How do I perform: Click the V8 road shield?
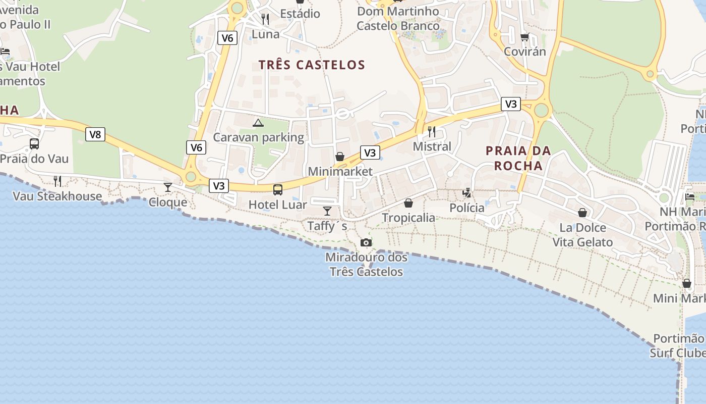click(95, 134)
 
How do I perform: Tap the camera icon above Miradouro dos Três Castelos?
click(366, 243)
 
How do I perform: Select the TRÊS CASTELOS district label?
click(312, 65)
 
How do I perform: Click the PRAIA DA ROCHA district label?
click(518, 158)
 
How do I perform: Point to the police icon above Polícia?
click(467, 193)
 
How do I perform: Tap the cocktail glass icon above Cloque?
click(168, 187)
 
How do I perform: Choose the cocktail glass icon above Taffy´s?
click(327, 211)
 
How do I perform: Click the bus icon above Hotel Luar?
click(278, 190)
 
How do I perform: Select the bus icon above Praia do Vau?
click(34, 144)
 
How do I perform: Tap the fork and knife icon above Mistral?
click(432, 132)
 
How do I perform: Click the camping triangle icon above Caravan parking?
click(258, 123)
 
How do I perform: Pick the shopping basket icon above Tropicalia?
click(408, 203)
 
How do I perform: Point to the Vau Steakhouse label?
click(57, 196)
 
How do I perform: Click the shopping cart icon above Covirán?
click(524, 37)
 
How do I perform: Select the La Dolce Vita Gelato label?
click(583, 235)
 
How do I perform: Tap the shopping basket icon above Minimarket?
click(340, 157)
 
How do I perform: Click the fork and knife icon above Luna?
click(265, 19)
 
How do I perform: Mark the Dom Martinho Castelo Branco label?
click(398, 18)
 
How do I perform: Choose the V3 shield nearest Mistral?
click(370, 153)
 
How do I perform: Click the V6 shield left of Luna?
click(227, 38)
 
